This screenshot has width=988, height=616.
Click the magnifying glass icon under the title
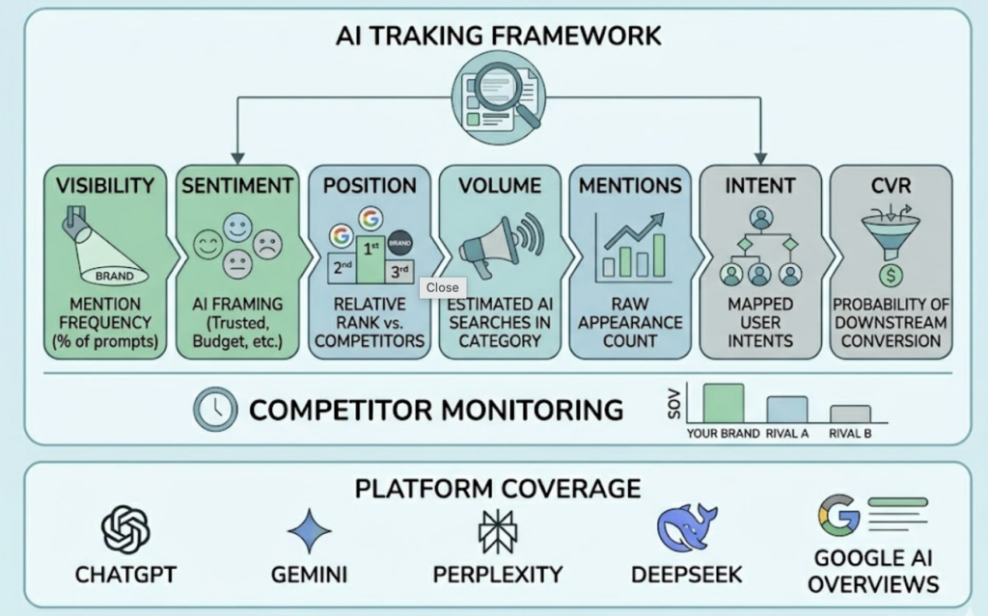click(x=499, y=95)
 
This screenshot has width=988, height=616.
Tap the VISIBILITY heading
click(x=106, y=185)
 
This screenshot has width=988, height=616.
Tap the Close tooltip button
click(x=442, y=287)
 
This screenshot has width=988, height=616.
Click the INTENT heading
click(x=760, y=185)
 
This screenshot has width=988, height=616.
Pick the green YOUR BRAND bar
click(x=724, y=403)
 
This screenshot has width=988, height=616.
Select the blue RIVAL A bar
click(x=787, y=410)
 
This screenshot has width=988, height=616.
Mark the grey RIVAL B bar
click(x=850, y=415)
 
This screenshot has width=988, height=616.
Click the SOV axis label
click(x=672, y=406)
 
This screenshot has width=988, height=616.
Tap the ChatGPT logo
click(x=125, y=529)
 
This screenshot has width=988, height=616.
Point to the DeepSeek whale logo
click(x=686, y=527)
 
